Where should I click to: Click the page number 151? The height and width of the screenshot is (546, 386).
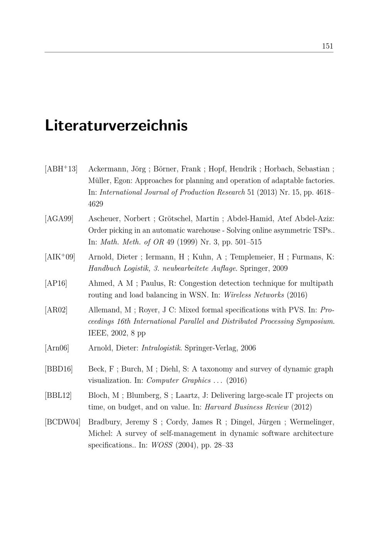327,46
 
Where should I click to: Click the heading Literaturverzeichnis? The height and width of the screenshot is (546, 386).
116,126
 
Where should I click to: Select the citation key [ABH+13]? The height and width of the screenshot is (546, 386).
61,169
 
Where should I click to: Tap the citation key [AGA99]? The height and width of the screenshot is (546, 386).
59,219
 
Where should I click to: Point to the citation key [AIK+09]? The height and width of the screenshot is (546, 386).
60,257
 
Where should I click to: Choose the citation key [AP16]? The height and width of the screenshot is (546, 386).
56,283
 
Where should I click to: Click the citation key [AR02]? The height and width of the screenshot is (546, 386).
56,310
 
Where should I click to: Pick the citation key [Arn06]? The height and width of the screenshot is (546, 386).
57,348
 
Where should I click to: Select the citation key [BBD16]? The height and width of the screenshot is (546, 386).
59,369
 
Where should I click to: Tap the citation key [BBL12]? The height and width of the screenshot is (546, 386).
58,395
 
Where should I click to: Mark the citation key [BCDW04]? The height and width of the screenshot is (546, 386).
63,422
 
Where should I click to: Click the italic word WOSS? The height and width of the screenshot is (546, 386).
161,445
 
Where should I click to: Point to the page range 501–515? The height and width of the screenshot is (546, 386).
248,242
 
